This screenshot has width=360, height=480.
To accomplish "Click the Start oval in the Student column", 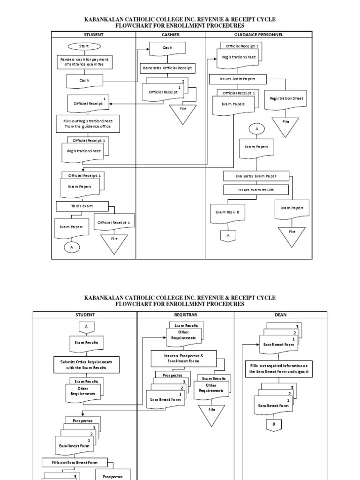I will pyautogui.click(x=84, y=46).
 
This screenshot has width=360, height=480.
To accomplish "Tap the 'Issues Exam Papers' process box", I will pyautogui.click(x=238, y=79).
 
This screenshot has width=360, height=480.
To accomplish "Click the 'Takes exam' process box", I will pyautogui.click(x=82, y=206).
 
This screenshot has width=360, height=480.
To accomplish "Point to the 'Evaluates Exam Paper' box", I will pyautogui.click(x=256, y=176).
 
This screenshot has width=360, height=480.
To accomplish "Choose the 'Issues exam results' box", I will pyautogui.click(x=256, y=190).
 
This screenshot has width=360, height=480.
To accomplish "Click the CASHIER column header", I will pyautogui.click(x=170, y=35).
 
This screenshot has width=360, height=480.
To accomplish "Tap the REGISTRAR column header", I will pyautogui.click(x=185, y=315).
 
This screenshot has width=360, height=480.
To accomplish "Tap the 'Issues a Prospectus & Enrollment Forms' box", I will pyautogui.click(x=177, y=359).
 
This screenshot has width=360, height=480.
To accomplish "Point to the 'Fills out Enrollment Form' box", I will pyautogui.click(x=75, y=463).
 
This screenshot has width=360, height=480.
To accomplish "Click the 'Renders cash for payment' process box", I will pyautogui.click(x=85, y=62).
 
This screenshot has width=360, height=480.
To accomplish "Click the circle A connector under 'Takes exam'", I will pyautogui.click(x=72, y=247).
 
